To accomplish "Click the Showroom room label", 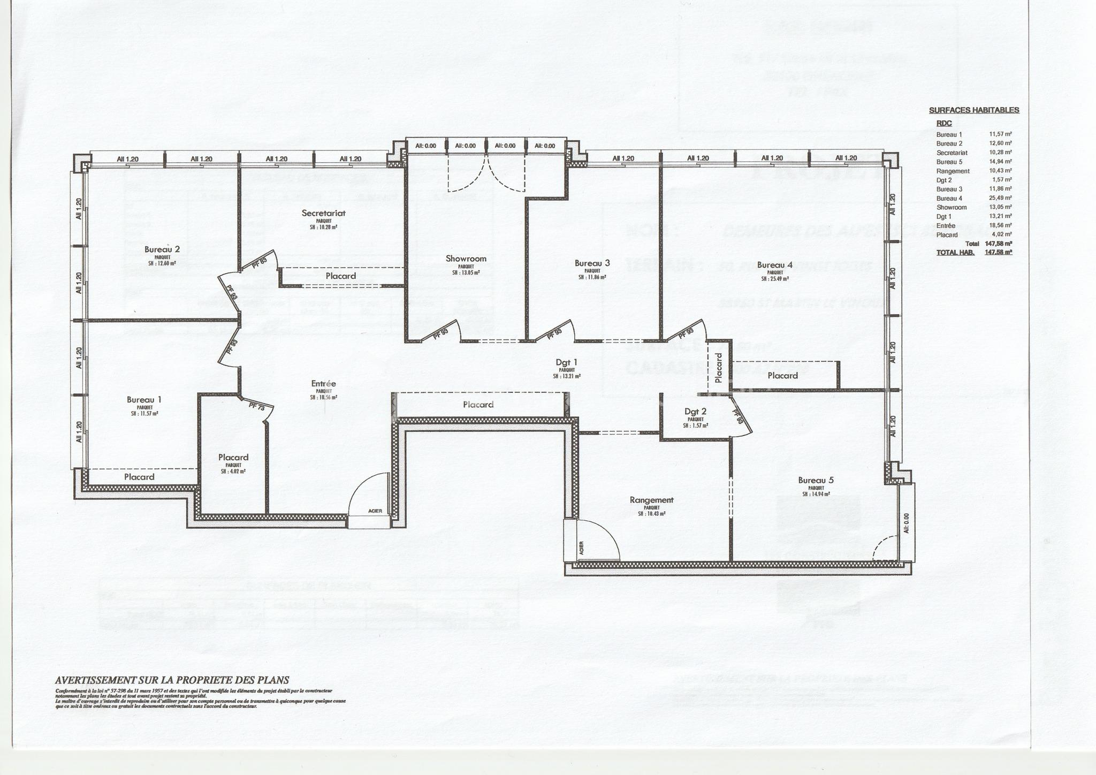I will (x=466, y=259).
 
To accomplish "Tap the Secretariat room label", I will (x=323, y=213).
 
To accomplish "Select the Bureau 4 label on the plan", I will (x=774, y=265).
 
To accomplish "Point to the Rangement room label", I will (x=651, y=500).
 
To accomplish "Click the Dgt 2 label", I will (x=695, y=412).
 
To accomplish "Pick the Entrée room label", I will (x=323, y=384).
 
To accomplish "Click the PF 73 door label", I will (x=257, y=407).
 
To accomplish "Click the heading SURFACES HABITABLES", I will (x=973, y=110).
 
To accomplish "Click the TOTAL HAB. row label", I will (x=955, y=252).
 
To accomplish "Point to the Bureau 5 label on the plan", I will (x=816, y=480).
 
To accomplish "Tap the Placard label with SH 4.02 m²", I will (x=233, y=457).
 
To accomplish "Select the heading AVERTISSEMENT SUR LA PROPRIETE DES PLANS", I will (x=172, y=680).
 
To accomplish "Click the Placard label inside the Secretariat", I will (x=341, y=276).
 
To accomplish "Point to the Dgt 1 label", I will (x=566, y=362).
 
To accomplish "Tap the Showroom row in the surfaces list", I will (x=952, y=207).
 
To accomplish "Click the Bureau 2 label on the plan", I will (x=162, y=249).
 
